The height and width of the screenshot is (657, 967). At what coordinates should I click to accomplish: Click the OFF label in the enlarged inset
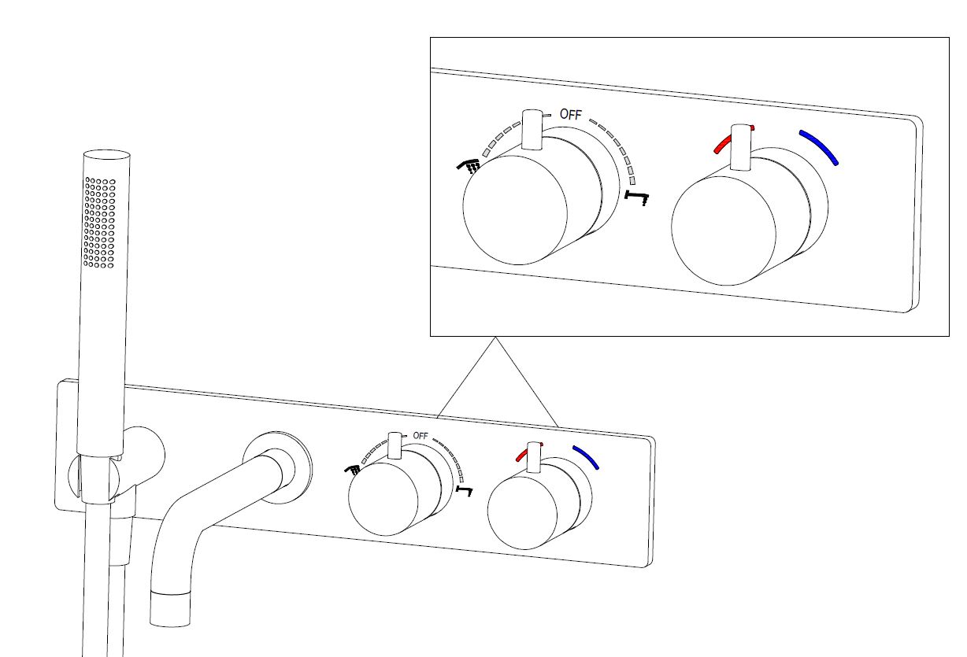tap(571, 114)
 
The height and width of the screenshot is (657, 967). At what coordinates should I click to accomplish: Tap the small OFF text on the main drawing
tap(420, 436)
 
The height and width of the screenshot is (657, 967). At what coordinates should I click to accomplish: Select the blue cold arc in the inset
tap(819, 148)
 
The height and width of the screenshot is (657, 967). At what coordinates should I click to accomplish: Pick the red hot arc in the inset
tap(733, 140)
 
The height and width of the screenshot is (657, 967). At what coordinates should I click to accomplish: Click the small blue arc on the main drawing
tap(586, 457)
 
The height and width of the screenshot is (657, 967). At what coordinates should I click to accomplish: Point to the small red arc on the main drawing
tap(529, 452)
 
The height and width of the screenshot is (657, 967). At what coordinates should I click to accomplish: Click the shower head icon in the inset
tap(469, 166)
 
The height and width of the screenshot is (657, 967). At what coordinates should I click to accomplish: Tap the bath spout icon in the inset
tap(637, 197)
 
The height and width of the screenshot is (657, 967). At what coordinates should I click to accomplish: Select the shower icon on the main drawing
tap(352, 470)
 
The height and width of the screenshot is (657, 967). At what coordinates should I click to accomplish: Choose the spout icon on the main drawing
tap(465, 491)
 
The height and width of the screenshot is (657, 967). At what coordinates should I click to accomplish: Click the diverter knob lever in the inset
tap(532, 129)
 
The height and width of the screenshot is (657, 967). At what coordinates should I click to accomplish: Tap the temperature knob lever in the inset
tap(741, 148)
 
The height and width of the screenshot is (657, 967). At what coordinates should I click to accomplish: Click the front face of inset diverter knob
tap(515, 209)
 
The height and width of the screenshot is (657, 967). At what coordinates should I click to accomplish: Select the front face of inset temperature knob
tap(724, 231)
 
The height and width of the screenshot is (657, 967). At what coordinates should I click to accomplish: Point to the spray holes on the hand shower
tap(100, 223)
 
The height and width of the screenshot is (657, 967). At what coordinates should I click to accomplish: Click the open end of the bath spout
tap(170, 609)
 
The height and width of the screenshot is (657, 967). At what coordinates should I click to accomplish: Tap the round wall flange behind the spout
tap(278, 467)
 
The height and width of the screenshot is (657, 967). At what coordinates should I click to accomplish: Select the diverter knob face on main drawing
tap(383, 500)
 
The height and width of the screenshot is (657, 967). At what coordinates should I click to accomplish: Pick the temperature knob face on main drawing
tap(522, 513)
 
